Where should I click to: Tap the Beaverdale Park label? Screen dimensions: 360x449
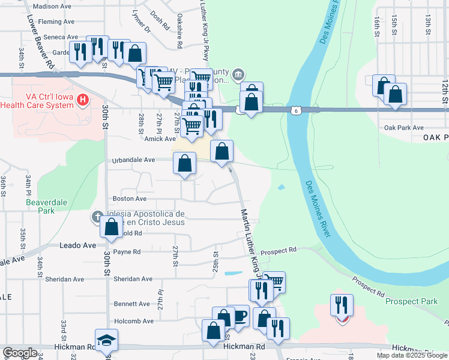pyautogui.click(x=41, y=206)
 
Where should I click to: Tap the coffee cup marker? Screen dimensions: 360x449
pyautogui.click(x=239, y=315)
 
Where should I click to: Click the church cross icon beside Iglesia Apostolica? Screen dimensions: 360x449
pyautogui.click(x=97, y=216)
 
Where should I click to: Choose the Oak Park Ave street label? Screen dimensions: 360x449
pyautogui.click(x=404, y=128)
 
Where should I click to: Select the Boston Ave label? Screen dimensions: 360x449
pyautogui.click(x=130, y=199)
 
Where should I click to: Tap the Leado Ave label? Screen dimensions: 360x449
pyautogui.click(x=77, y=245)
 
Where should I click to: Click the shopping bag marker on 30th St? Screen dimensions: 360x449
pyautogui.click(x=111, y=227)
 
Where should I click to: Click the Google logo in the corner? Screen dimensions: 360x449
pyautogui.click(x=20, y=353)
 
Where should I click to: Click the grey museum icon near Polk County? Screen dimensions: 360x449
pyautogui.click(x=238, y=74)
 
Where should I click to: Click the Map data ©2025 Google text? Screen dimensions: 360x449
pyautogui.click(x=412, y=355)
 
